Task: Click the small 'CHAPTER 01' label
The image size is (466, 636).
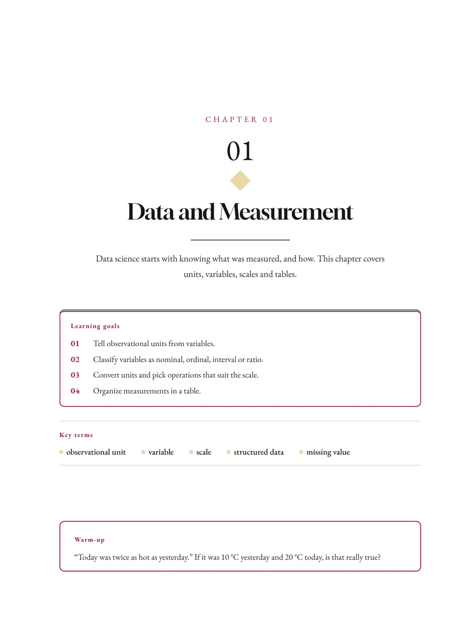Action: (x=239, y=120)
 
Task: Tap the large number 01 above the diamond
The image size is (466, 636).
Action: (x=240, y=151)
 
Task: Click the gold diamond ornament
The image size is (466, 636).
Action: (x=240, y=180)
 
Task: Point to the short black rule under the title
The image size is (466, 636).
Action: (x=240, y=240)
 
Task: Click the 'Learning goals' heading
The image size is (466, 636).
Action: (x=95, y=326)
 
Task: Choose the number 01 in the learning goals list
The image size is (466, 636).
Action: (x=75, y=344)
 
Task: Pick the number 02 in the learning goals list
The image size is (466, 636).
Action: (x=75, y=359)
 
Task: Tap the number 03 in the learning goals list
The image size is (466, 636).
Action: (x=75, y=375)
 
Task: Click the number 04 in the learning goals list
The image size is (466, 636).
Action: (x=75, y=391)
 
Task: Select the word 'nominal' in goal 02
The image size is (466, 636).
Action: (x=169, y=360)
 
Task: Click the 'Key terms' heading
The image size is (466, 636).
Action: (x=76, y=435)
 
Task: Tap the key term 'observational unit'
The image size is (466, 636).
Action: (x=96, y=452)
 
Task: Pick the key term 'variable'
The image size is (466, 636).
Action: (x=161, y=452)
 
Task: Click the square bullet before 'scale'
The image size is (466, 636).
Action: (x=191, y=452)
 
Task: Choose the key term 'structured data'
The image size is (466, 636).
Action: (x=259, y=452)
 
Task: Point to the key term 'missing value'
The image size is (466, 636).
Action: (x=328, y=452)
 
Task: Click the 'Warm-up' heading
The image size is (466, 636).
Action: (x=89, y=540)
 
